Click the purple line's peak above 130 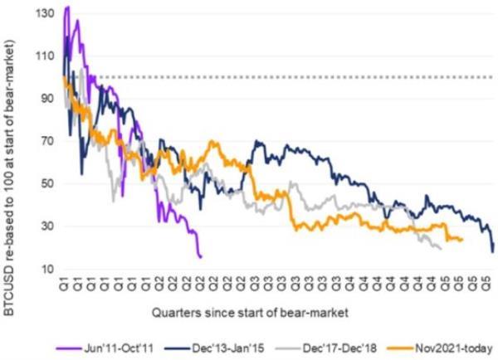(66, 7)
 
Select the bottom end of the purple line (201, 257)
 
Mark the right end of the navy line (493, 251)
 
